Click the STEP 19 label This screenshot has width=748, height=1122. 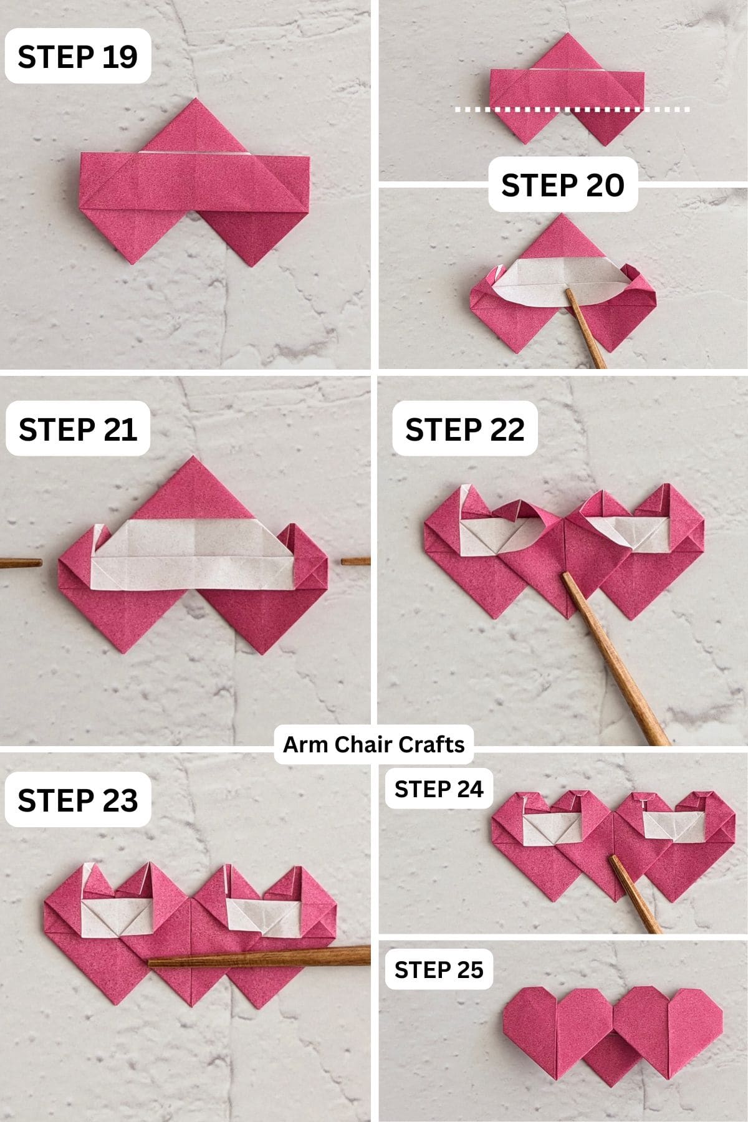tap(77, 57)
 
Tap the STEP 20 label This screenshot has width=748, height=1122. tap(562, 185)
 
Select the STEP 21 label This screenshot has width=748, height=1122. tap(77, 429)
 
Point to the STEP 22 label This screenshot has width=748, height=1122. tap(464, 429)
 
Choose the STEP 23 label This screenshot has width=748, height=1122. tap(77, 800)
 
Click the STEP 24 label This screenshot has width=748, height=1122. tap(439, 789)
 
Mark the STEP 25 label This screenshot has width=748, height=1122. tap(439, 969)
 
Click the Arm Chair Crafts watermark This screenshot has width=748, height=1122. tap(373, 744)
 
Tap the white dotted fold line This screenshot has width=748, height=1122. tap(572, 110)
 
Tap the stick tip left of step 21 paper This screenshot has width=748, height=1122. tap(22, 563)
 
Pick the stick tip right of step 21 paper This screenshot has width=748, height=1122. tap(355, 562)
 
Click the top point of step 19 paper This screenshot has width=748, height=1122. tap(196, 100)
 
